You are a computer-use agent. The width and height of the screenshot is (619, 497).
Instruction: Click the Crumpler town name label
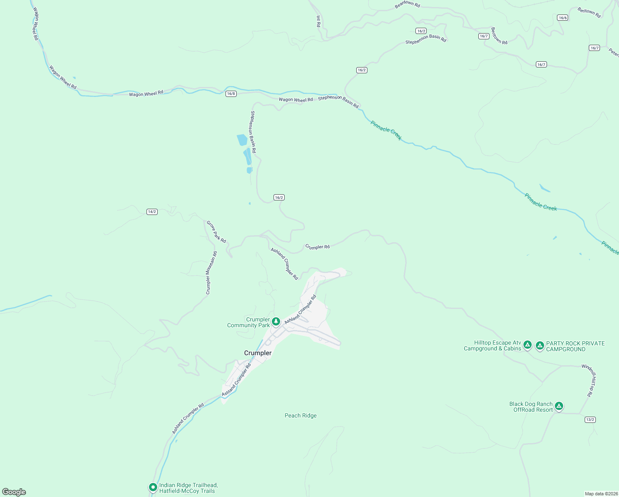(x=258, y=353)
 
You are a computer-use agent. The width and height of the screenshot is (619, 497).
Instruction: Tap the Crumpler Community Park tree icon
(x=276, y=321)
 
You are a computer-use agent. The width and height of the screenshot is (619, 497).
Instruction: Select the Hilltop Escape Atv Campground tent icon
(x=527, y=345)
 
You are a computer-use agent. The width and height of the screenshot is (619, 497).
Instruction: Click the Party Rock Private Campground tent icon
(x=540, y=345)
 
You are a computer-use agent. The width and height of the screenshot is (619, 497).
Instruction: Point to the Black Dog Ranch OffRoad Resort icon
(x=559, y=406)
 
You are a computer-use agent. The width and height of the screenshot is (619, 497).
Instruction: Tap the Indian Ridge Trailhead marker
(x=153, y=487)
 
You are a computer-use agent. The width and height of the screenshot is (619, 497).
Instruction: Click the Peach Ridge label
(x=300, y=415)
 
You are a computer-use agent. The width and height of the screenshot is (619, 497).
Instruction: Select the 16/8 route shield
(x=231, y=94)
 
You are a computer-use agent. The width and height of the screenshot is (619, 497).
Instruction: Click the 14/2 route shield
(x=152, y=212)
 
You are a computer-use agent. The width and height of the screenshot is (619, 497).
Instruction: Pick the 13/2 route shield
(x=590, y=420)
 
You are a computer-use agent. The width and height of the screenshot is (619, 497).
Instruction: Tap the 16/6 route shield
(x=562, y=17)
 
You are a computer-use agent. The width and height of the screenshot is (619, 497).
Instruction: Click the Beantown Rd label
(x=407, y=4)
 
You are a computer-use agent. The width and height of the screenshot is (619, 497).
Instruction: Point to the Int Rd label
(x=318, y=21)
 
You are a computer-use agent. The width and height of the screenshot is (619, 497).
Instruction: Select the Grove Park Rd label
(x=216, y=232)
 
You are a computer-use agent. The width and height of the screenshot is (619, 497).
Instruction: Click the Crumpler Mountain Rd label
(x=211, y=273)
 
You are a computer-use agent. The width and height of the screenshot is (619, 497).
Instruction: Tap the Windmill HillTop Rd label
(x=589, y=380)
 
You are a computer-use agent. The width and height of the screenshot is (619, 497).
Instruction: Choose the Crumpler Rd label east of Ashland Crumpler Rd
(x=317, y=247)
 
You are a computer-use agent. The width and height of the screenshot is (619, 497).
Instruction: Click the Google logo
(x=14, y=492)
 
